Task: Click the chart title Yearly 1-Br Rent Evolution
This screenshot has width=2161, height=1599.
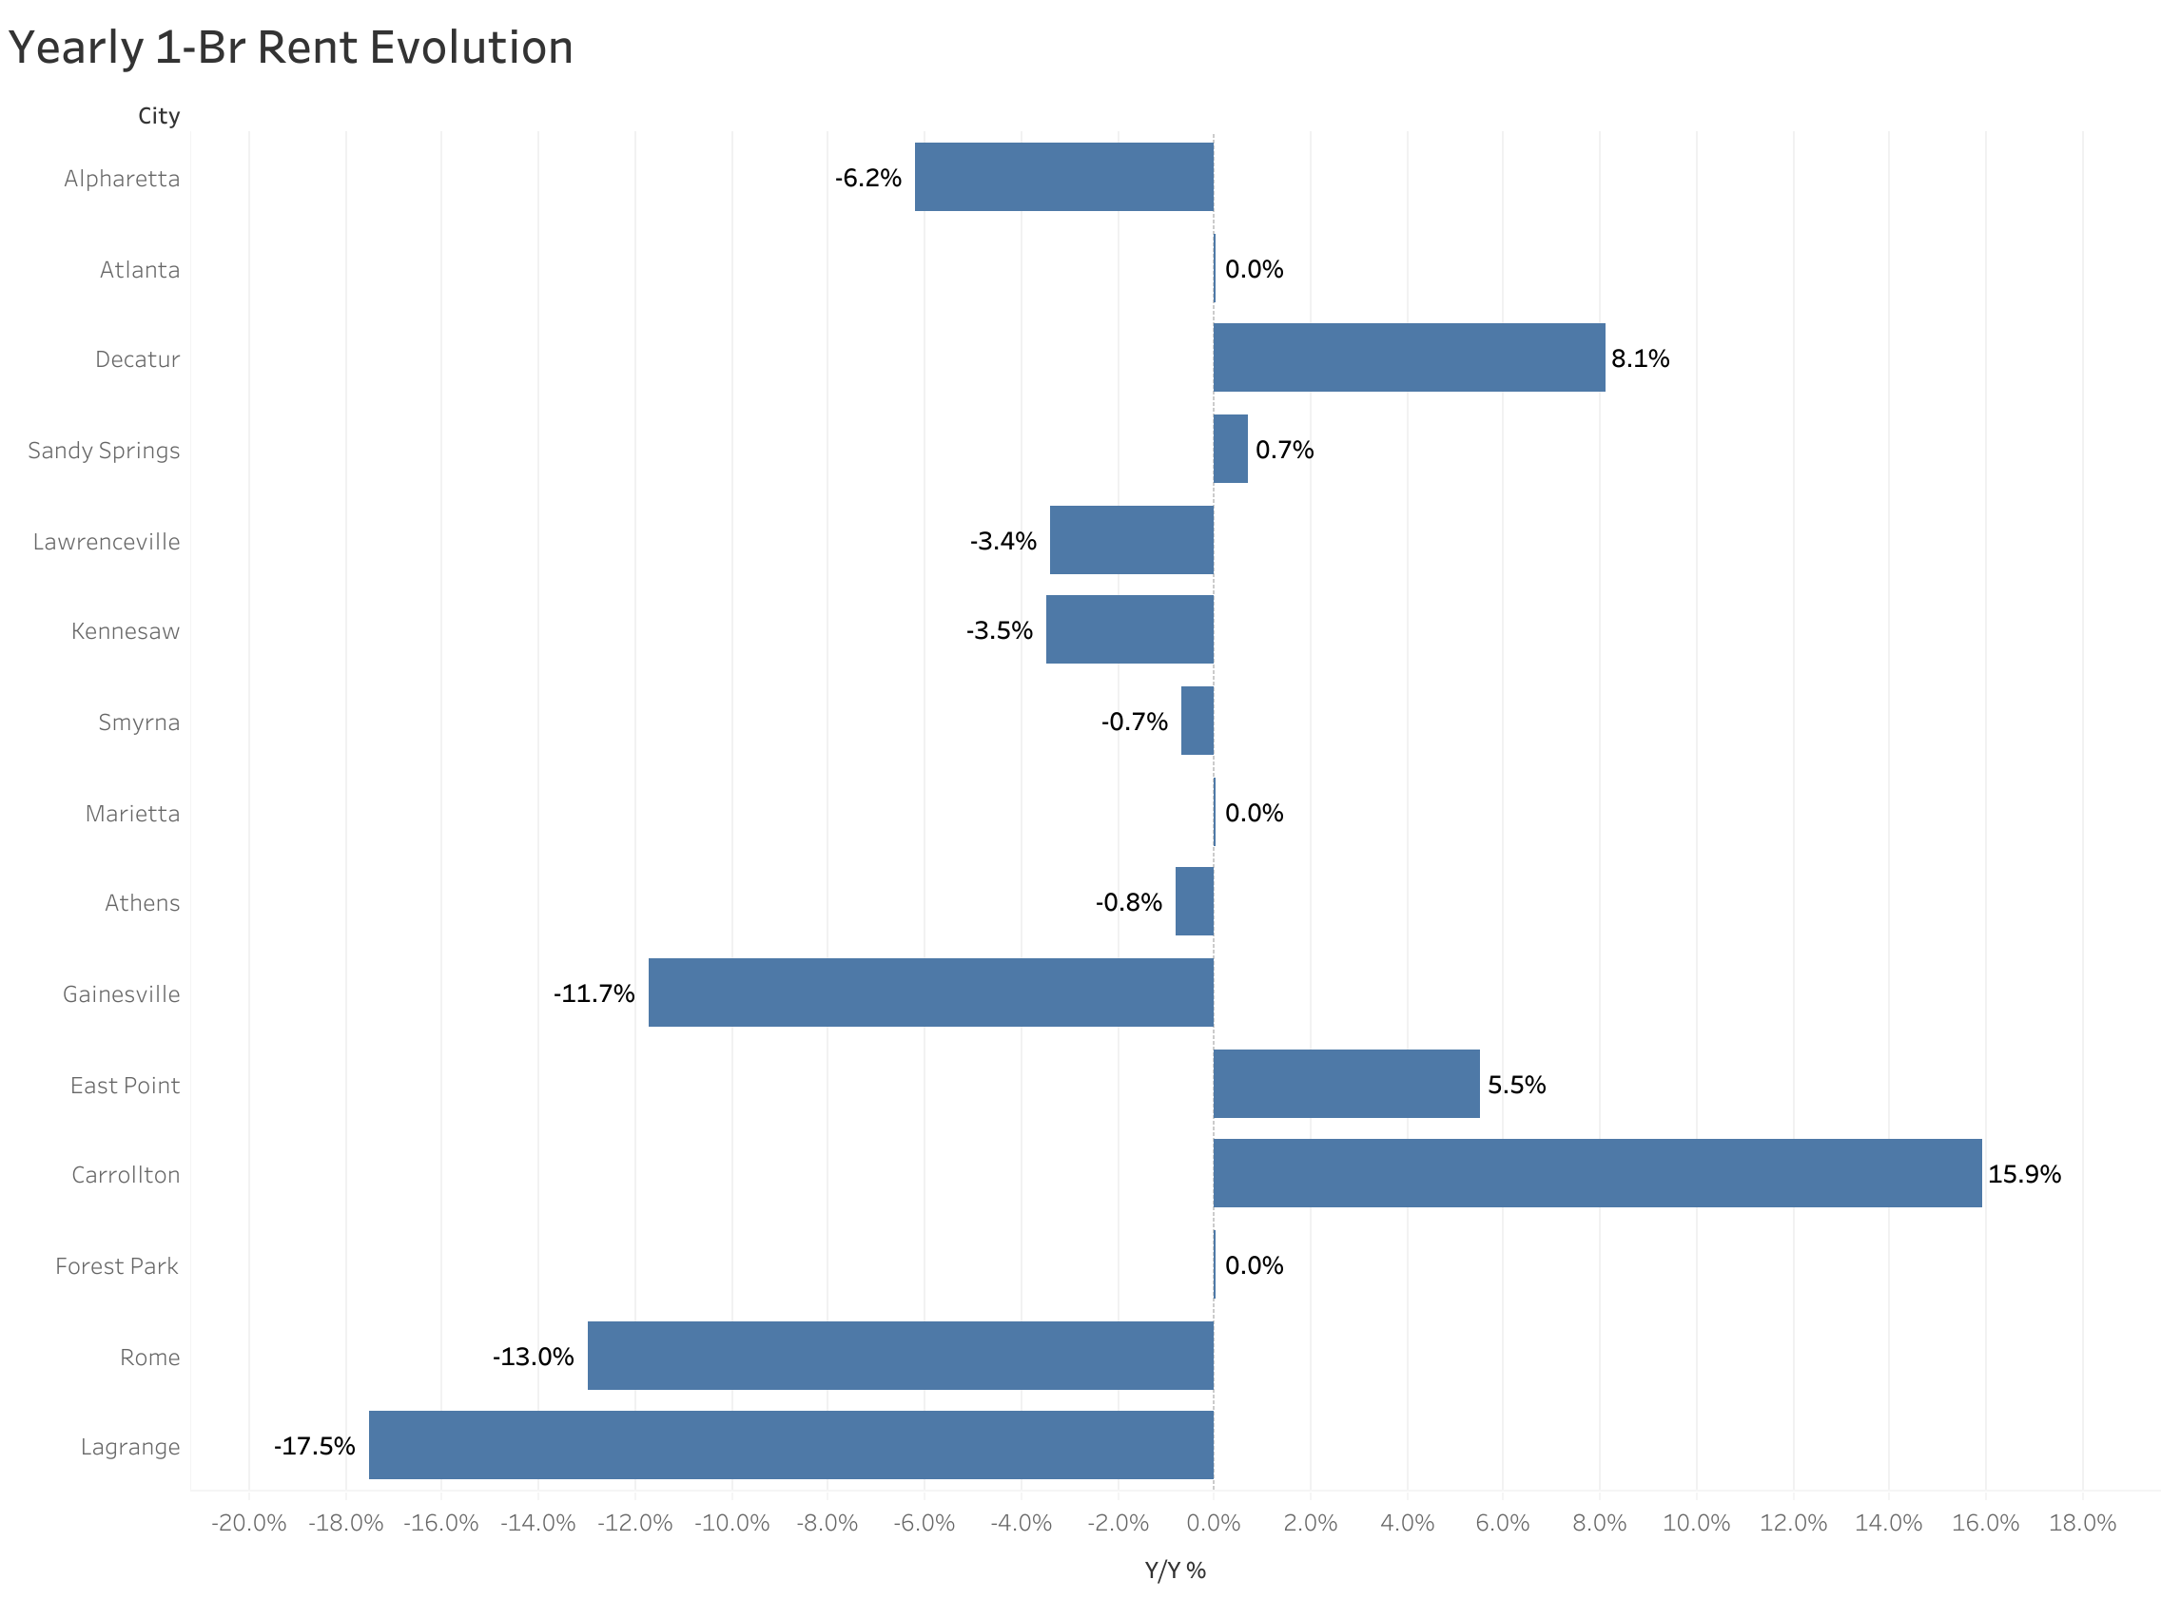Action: [290, 48]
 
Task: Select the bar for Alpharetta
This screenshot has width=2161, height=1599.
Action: [1063, 177]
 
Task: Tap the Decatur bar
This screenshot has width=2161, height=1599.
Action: [1408, 358]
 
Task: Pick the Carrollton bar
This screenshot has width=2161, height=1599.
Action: [1597, 1173]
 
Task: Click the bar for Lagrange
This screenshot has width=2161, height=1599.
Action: [790, 1445]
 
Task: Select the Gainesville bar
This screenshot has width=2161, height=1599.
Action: [929, 992]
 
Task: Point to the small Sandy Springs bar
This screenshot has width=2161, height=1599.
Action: [1230, 449]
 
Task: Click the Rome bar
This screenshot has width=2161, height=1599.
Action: [900, 1355]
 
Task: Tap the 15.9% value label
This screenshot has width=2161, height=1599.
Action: [2023, 1174]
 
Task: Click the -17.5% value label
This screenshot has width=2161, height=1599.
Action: [314, 1446]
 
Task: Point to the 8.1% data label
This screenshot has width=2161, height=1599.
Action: [1639, 359]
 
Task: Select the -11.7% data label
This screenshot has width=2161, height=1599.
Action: [594, 994]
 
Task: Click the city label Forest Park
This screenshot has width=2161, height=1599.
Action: [117, 1266]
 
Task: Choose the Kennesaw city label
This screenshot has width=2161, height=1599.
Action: [125, 632]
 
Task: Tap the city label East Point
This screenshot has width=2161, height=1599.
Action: [125, 1086]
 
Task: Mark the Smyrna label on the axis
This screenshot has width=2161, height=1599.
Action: [139, 723]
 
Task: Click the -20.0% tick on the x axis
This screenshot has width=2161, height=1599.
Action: [249, 1524]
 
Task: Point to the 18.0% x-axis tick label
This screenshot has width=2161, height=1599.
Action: [2082, 1524]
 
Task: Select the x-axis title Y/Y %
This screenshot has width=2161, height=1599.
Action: [1175, 1570]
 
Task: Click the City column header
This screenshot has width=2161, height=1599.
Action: [159, 116]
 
